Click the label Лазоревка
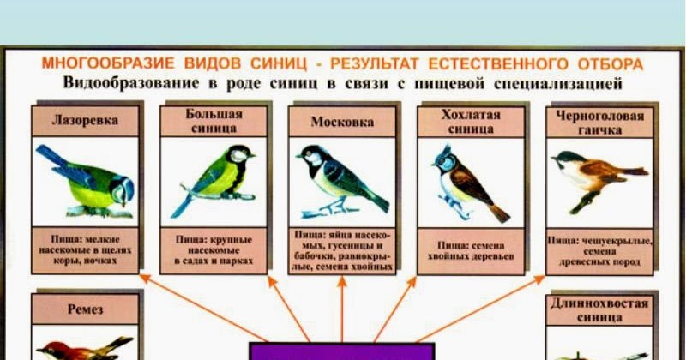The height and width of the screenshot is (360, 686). pyautogui.click(x=85, y=121)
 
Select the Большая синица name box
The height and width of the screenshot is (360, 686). pyautogui.click(x=214, y=121)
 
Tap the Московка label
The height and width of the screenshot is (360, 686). pyautogui.click(x=342, y=122)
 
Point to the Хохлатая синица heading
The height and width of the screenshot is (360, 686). pyautogui.click(x=470, y=122)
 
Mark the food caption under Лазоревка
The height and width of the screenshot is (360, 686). pyautogui.click(x=85, y=249)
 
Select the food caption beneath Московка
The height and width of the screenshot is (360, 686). pyautogui.click(x=342, y=250)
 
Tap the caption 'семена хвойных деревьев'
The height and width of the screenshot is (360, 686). pyautogui.click(x=471, y=250)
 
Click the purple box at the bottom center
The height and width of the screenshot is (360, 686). pyautogui.click(x=342, y=351)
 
